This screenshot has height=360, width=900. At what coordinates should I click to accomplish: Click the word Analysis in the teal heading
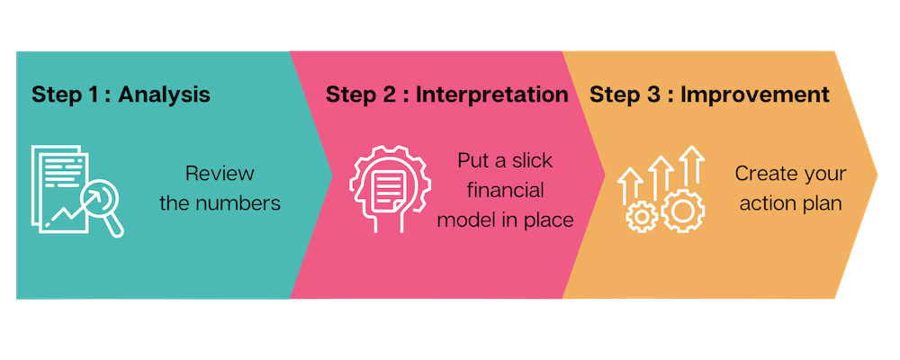point(165,94)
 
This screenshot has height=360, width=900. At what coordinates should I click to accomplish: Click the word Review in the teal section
point(220,174)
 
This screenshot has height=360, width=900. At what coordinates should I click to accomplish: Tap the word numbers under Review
point(236,203)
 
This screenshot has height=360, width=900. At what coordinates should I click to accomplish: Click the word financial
point(505,190)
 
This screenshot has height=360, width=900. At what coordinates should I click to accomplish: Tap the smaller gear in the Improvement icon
point(642,217)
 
